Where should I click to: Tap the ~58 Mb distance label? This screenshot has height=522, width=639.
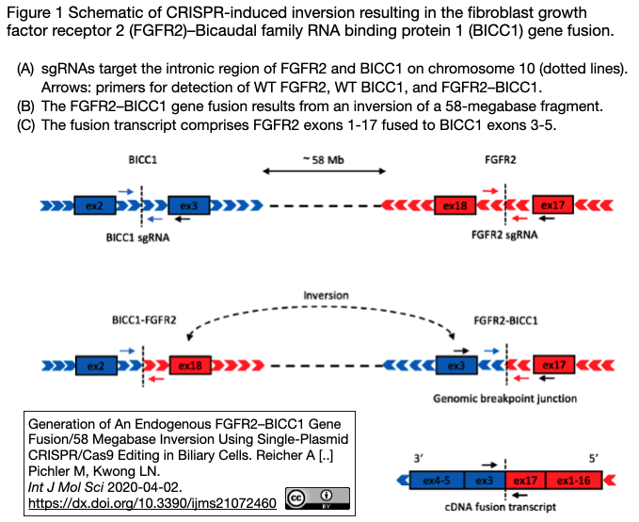[324, 160]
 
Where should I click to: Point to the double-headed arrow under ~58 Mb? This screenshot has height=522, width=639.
[324, 172]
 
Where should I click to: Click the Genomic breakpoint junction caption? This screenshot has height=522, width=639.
[504, 398]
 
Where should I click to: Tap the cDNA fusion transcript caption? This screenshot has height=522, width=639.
[508, 507]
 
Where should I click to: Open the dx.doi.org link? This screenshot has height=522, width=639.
[152, 503]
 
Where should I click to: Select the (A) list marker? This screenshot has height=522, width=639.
[25, 71]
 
